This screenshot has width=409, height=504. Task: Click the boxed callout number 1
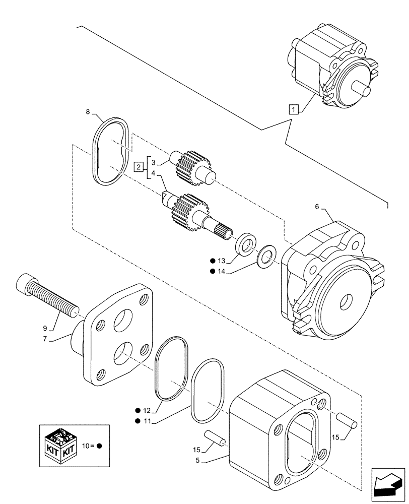click(x=294, y=108)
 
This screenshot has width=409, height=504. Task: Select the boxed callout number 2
click(x=138, y=167)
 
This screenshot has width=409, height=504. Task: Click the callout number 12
click(x=146, y=411)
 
